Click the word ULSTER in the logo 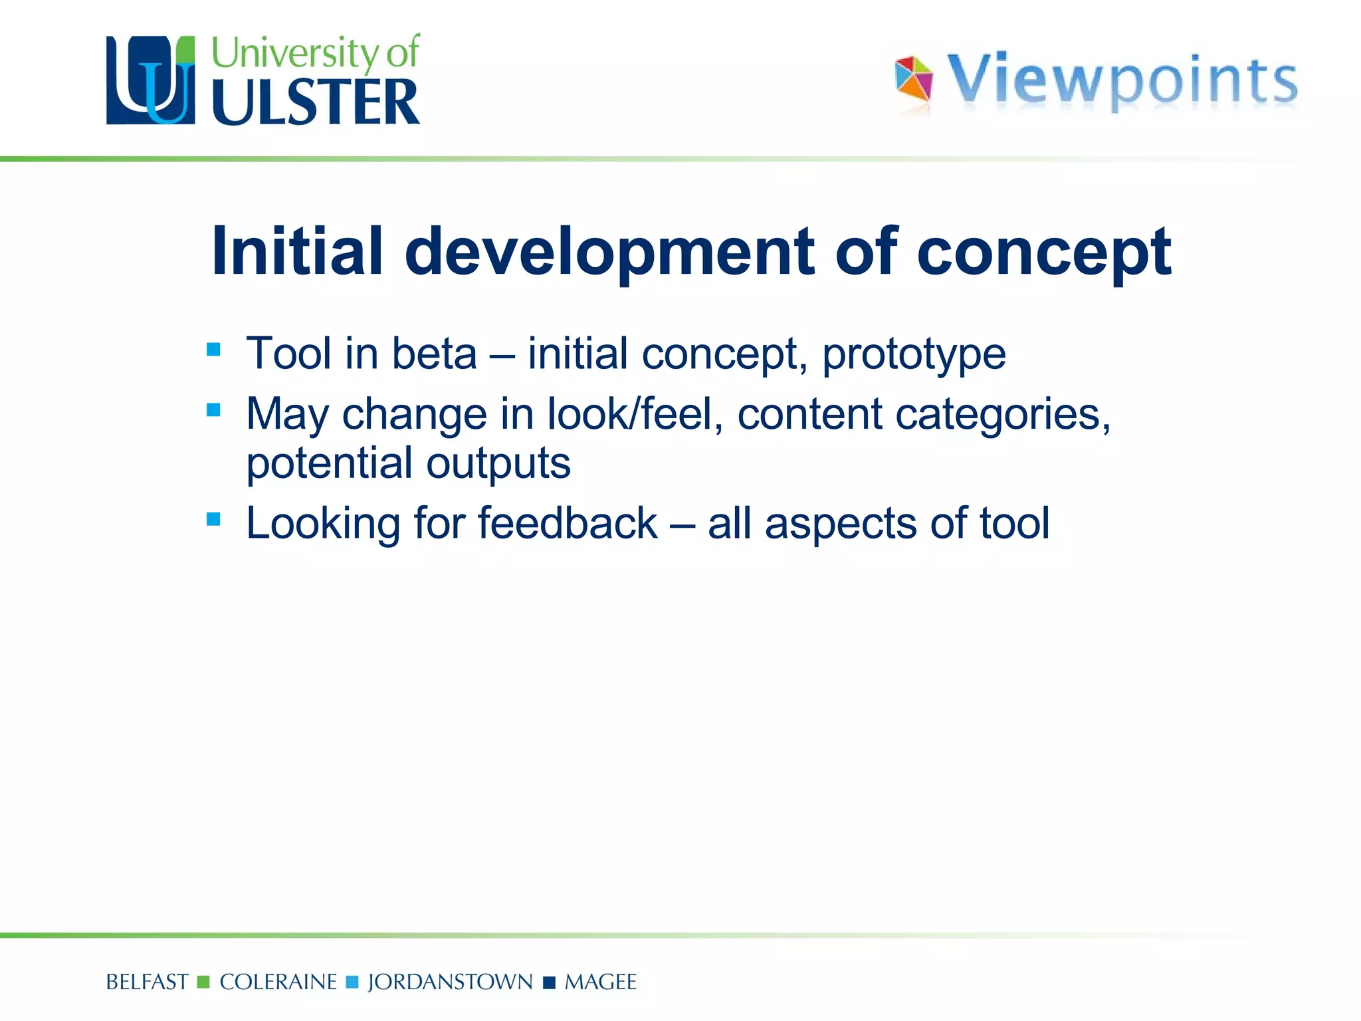click(x=316, y=102)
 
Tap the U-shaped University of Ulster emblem click(x=151, y=80)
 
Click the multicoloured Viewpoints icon click(x=914, y=79)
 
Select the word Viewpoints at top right click(x=1122, y=80)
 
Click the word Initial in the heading click(x=297, y=251)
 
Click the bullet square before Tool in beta click(x=213, y=349)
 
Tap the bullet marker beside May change click(x=213, y=409)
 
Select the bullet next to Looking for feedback click(x=213, y=518)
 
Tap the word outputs click(x=498, y=463)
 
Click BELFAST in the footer click(x=147, y=982)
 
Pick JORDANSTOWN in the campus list click(x=450, y=982)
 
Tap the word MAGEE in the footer click(x=600, y=982)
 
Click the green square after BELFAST click(x=204, y=982)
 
